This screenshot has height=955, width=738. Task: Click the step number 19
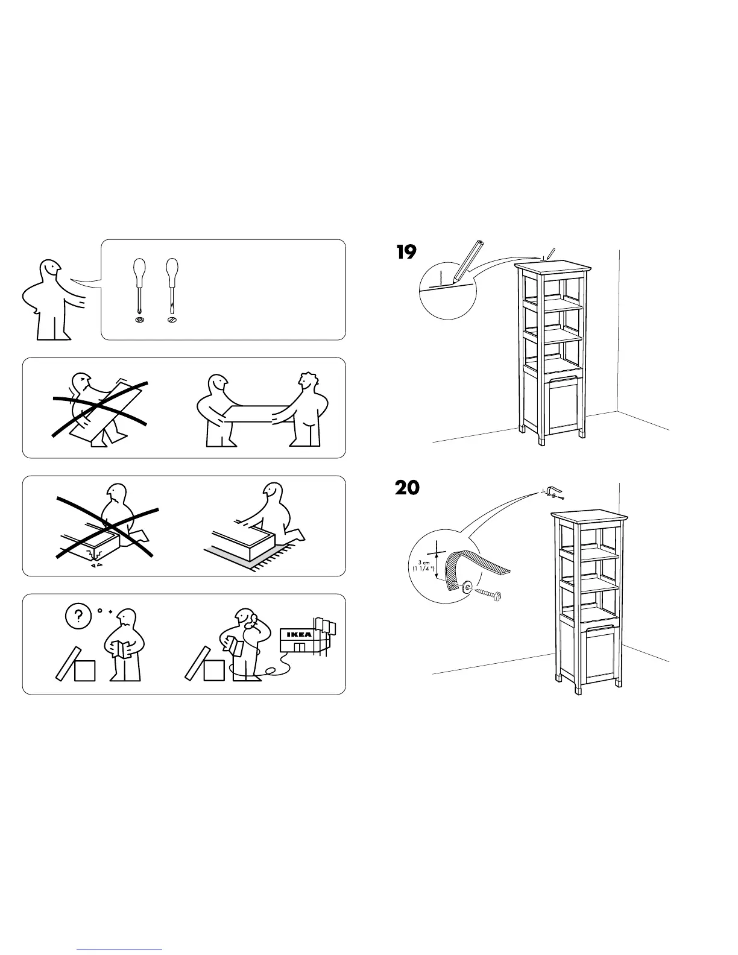click(406, 252)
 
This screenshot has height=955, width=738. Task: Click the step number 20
click(407, 487)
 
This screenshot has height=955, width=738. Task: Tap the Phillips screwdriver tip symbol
click(139, 320)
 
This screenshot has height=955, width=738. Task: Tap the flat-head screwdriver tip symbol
click(172, 320)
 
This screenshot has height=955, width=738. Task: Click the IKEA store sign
click(297, 635)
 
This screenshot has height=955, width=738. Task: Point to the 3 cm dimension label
click(423, 565)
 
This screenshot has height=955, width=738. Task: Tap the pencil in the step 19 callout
click(468, 260)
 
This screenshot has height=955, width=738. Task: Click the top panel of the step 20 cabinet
click(588, 517)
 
